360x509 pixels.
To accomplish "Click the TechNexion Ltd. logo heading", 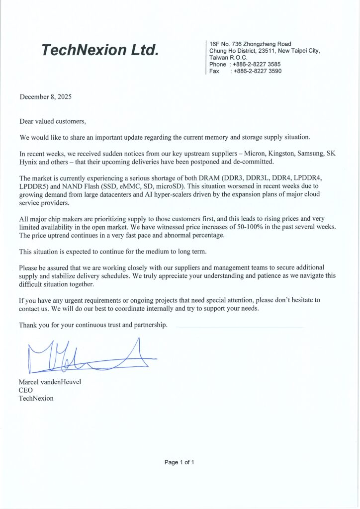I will coord(100,50).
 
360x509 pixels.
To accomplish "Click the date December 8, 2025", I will coord(46,97).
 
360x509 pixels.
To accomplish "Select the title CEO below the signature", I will coord(25,390).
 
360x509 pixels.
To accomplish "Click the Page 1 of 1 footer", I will coord(180,462).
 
